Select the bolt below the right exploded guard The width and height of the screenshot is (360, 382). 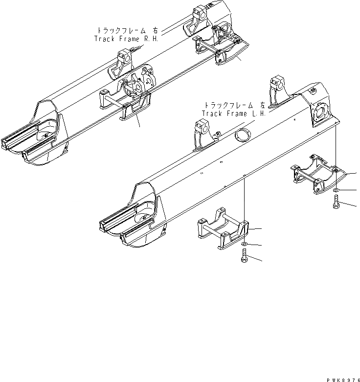(337, 202)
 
